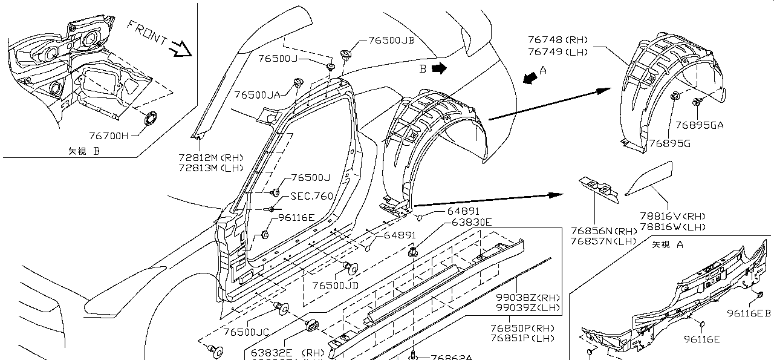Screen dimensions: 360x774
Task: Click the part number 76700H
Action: tap(109, 136)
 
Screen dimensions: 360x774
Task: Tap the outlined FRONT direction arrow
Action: tap(180, 48)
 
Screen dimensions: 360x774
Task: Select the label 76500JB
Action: tap(391, 41)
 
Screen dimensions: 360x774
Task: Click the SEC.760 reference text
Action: tap(311, 196)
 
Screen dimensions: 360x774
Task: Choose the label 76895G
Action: tap(669, 143)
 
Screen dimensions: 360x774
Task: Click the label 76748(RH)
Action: tap(557, 41)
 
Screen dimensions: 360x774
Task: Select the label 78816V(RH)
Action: tap(672, 216)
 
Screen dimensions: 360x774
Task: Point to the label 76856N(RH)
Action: tap(603, 231)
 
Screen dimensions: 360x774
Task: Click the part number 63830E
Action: tap(472, 222)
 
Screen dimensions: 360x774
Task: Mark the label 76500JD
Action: tap(336, 285)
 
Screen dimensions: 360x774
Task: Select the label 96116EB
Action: tap(749, 313)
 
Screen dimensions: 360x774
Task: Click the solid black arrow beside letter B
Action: tap(439, 68)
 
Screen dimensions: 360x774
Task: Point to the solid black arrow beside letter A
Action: tap(529, 78)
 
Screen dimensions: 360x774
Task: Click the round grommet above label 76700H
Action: tap(149, 119)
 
